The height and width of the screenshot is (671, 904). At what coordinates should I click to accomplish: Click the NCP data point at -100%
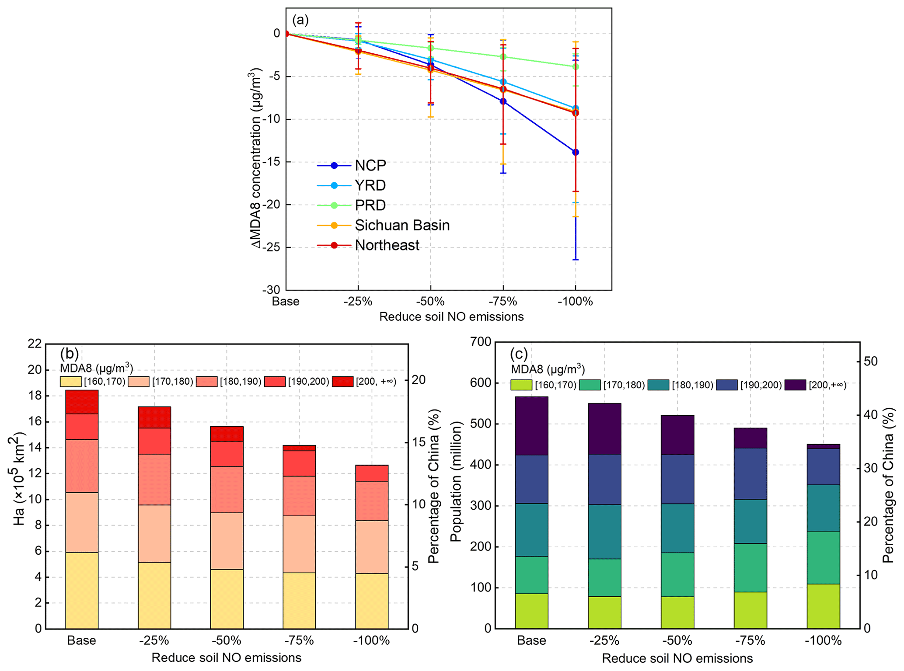[x=575, y=152]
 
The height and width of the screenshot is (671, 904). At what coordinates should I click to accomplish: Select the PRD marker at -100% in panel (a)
[x=575, y=66]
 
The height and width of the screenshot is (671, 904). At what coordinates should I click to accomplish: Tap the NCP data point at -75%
[x=503, y=101]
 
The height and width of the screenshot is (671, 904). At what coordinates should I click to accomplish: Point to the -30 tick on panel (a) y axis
[x=271, y=290]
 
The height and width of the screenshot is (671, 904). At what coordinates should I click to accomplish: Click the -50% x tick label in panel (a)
[x=430, y=302]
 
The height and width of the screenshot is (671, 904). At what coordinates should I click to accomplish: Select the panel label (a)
[x=300, y=20]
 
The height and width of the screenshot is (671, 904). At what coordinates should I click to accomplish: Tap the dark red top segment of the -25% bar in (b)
[x=154, y=417]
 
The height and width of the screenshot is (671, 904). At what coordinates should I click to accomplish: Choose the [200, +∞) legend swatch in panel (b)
[x=342, y=382]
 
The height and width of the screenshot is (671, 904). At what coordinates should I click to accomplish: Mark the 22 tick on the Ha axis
[x=35, y=344]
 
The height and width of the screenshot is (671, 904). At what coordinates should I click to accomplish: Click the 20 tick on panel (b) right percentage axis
[x=419, y=379]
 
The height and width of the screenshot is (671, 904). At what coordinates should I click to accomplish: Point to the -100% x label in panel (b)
[x=371, y=640]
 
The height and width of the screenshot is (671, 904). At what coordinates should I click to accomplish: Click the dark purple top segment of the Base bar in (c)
[x=531, y=426]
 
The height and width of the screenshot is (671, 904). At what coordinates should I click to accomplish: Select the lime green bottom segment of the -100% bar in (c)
[x=823, y=606]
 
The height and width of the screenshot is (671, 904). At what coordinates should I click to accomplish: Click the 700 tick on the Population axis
[x=481, y=342]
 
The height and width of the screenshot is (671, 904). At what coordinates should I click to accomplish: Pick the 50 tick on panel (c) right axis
[x=871, y=361]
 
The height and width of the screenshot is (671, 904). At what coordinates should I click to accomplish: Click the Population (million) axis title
[x=456, y=481]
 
